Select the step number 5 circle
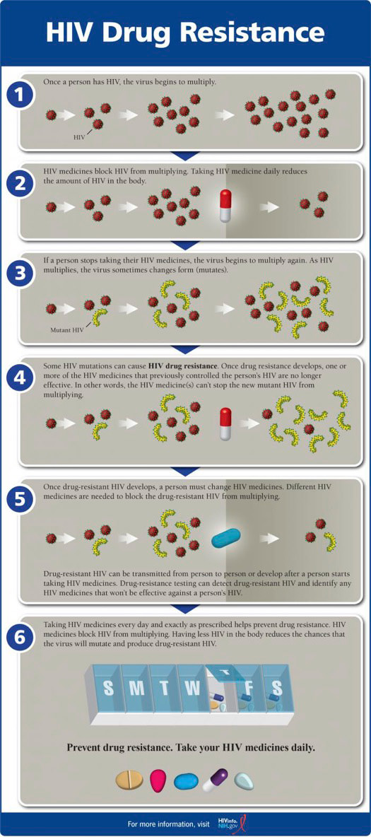[20, 501]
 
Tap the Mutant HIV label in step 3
[69, 329]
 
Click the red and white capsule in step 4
[225, 422]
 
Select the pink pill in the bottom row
[158, 780]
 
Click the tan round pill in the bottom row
[129, 780]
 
